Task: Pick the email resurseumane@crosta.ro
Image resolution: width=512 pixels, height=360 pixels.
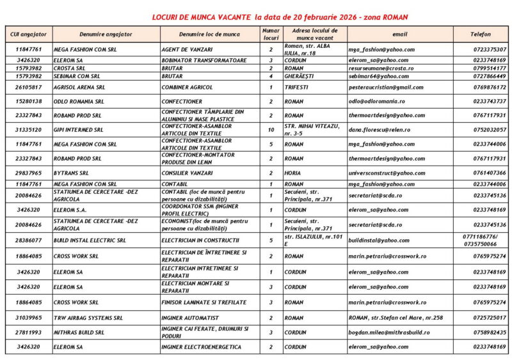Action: click(381, 67)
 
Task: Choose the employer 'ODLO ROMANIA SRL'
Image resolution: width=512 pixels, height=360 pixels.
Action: click(79, 101)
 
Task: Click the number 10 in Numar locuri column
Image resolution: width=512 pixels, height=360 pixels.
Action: click(271, 130)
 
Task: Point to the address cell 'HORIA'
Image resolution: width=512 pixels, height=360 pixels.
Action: click(294, 173)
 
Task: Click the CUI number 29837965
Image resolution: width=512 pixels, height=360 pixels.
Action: click(29, 173)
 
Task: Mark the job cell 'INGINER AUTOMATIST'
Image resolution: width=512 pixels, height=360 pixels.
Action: click(191, 317)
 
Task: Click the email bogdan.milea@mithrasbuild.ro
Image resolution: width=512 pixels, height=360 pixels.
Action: click(389, 333)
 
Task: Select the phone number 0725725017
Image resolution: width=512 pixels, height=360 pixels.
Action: click(489, 317)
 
